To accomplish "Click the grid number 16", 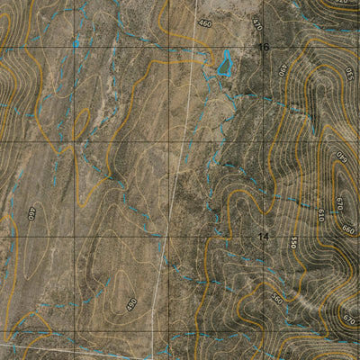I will point(264,47).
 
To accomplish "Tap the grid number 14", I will point(264,237).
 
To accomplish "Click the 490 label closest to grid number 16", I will point(283,69).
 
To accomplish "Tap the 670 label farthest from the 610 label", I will point(349,319).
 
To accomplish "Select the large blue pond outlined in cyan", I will point(223,62).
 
